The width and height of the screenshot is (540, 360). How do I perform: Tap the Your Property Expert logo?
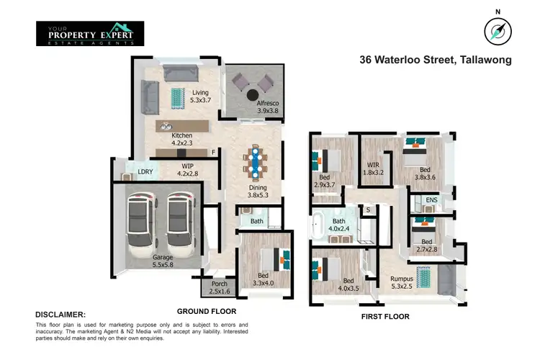point(90,33)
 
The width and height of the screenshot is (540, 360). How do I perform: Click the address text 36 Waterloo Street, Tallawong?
point(436,60)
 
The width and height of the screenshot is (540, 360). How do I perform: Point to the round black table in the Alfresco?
point(253,94)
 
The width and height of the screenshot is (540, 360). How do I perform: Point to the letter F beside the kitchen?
point(213,153)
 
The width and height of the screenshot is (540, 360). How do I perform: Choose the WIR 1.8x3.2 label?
point(372,168)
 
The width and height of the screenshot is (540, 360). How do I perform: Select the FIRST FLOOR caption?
point(384,316)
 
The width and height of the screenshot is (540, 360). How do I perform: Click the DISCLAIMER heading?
point(60,315)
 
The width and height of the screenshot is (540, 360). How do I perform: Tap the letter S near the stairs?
point(368,210)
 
